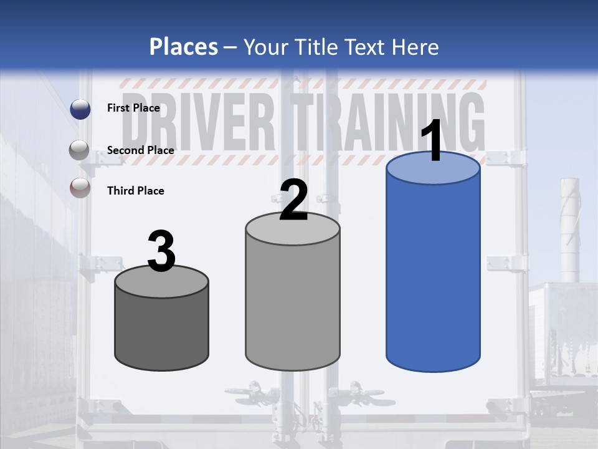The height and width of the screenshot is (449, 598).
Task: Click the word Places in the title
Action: pyautogui.click(x=184, y=47)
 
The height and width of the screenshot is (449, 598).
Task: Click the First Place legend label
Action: pyautogui.click(x=133, y=108)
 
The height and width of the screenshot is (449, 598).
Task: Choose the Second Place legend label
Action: pyautogui.click(x=140, y=150)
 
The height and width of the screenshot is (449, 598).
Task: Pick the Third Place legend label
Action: pyautogui.click(x=135, y=191)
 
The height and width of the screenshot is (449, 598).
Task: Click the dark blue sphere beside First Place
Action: pyautogui.click(x=80, y=109)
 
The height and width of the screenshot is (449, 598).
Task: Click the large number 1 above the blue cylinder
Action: pyautogui.click(x=432, y=142)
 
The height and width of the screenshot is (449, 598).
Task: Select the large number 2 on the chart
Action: pyautogui.click(x=293, y=201)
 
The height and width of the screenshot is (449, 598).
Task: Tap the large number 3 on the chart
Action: pyautogui.click(x=161, y=251)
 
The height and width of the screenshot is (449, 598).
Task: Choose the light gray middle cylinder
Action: pyautogui.click(x=293, y=306)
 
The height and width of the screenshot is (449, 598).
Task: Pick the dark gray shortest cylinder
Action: pyautogui.click(x=162, y=331)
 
